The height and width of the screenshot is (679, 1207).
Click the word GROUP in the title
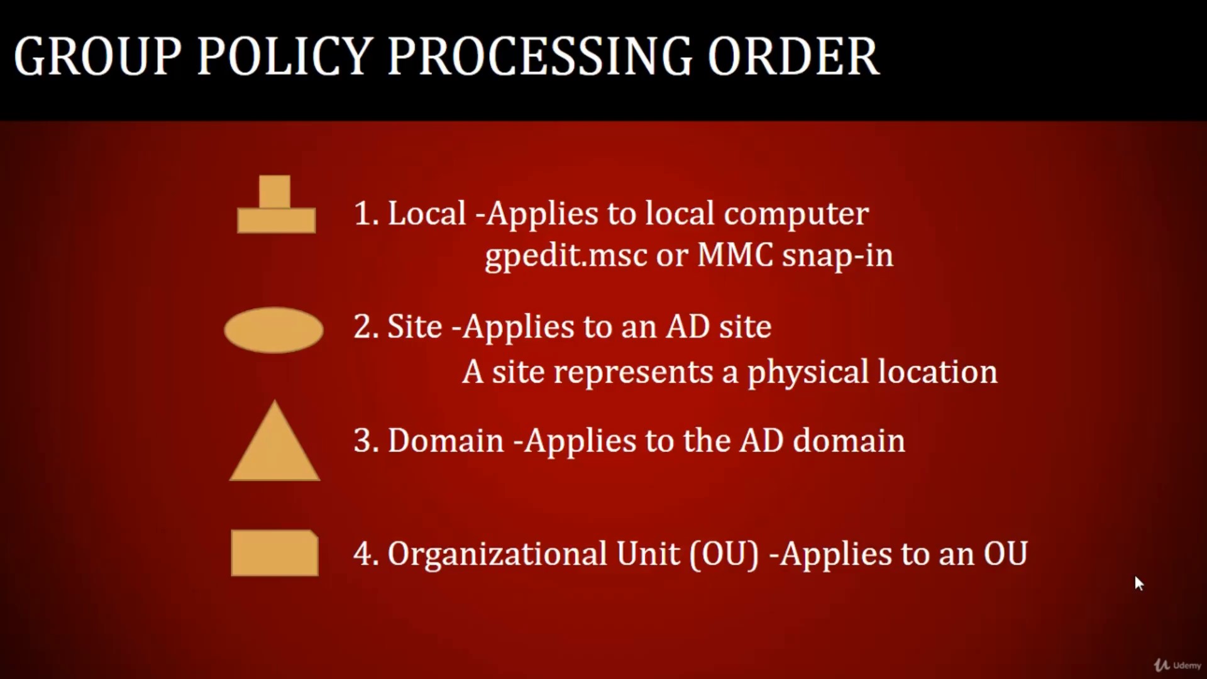click(97, 57)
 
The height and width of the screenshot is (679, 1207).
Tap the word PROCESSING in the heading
click(540, 57)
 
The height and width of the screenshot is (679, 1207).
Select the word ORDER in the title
click(793, 57)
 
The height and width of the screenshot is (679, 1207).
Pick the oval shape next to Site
click(273, 330)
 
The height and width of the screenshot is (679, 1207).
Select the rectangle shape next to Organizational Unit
click(275, 553)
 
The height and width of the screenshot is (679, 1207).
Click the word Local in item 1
click(427, 213)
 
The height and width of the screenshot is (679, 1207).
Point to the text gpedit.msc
click(566, 256)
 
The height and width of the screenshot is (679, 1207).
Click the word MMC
click(735, 255)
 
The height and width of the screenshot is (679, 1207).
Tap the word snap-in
click(837, 256)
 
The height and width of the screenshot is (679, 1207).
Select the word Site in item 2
click(415, 326)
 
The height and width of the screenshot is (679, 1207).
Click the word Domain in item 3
click(446, 440)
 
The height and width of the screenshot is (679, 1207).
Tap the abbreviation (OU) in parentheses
click(724, 555)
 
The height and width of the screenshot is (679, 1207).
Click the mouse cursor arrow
click(1138, 583)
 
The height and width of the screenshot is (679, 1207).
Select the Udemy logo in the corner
click(1177, 665)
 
